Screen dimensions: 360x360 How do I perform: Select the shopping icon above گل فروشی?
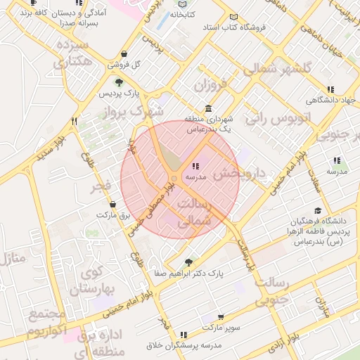(x=124, y=53)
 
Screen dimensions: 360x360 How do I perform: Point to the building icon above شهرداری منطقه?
(x=208, y=108)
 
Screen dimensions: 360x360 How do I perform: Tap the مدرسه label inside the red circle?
(x=195, y=178)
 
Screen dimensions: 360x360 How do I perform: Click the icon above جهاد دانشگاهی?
(x=330, y=89)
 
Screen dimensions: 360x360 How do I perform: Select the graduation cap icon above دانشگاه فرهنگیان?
(x=319, y=210)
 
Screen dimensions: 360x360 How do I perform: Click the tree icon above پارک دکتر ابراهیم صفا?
(x=188, y=261)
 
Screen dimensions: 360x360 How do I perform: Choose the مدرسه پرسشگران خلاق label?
(x=183, y=345)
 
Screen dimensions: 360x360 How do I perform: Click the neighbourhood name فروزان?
(x=212, y=87)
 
